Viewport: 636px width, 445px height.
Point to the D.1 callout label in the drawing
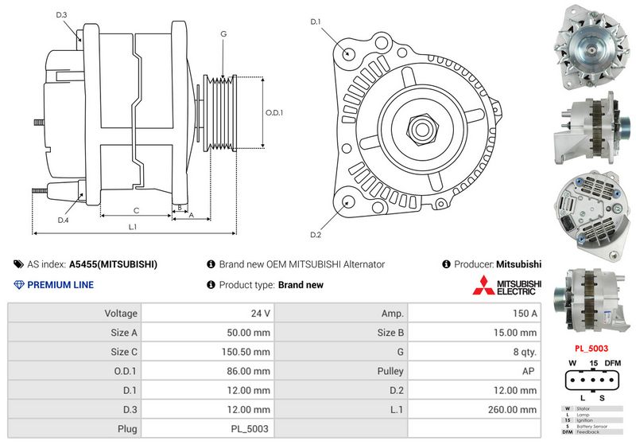[316, 21]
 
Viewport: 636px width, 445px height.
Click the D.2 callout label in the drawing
[316, 235]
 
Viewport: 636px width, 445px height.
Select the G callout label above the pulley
[223, 34]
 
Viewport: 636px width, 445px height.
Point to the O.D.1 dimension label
[273, 112]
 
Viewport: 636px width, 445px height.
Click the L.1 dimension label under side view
[133, 227]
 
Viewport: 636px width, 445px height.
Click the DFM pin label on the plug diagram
[613, 363]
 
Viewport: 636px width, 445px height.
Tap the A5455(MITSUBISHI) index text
[113, 264]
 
